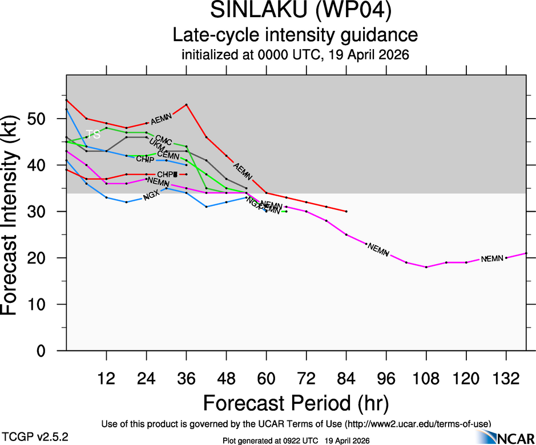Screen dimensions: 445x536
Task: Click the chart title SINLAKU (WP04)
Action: click(x=295, y=11)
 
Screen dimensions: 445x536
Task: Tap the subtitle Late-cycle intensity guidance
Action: click(x=295, y=35)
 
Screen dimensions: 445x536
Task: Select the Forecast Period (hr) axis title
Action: click(x=295, y=403)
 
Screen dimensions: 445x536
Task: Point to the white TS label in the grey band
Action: click(x=93, y=135)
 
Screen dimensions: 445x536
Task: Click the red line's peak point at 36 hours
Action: click(x=186, y=104)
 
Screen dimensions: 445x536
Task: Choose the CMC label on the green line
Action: click(x=164, y=140)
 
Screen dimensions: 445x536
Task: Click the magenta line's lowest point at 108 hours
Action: click(x=426, y=267)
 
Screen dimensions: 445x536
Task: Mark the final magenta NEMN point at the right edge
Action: click(x=526, y=253)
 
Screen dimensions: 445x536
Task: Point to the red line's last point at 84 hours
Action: click(x=346, y=211)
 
